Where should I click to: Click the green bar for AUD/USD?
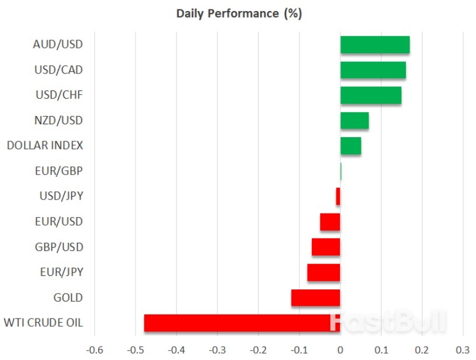click(374, 45)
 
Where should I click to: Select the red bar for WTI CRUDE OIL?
click(242, 323)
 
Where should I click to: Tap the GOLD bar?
click(315, 298)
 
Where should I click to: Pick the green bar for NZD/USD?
click(354, 121)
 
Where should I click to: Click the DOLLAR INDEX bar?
click(350, 146)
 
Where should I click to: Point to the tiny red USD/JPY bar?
click(338, 197)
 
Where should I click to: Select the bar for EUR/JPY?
click(324, 272)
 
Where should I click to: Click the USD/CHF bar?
click(370, 95)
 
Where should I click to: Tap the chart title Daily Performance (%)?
click(239, 13)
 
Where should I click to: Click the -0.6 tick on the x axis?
click(95, 350)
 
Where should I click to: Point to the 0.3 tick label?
click(463, 350)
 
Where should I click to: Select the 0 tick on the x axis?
click(340, 350)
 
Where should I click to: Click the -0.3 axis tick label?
click(217, 350)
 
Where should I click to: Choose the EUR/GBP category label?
click(59, 171)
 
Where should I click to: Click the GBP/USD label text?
click(58, 247)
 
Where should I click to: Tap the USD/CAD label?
click(58, 70)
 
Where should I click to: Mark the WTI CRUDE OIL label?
click(43, 323)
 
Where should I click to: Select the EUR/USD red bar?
click(329, 222)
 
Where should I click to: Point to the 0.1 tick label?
click(381, 350)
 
